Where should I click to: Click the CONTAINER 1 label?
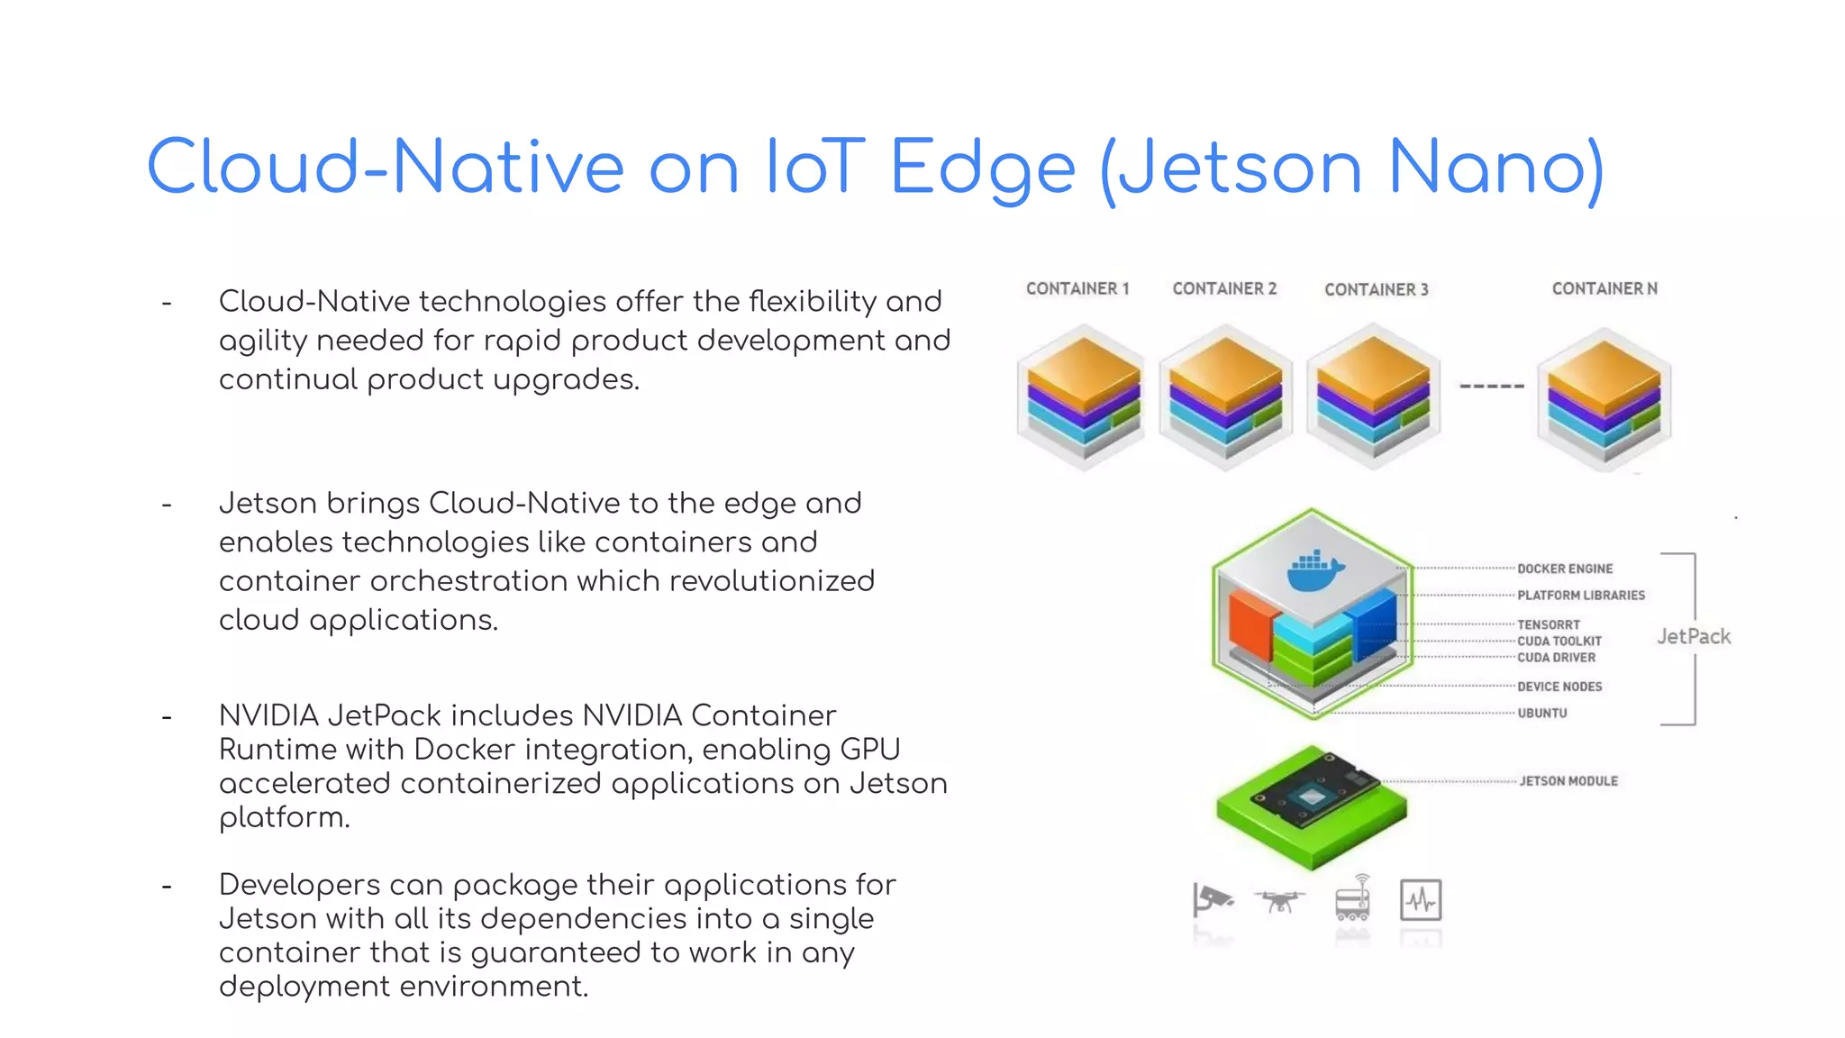point(1077,289)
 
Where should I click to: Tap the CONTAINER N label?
point(1604,289)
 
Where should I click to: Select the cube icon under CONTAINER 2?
point(1225,397)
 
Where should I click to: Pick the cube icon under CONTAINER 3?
point(1373,397)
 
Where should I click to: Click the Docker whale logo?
point(1315,570)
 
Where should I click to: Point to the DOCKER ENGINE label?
point(1565,569)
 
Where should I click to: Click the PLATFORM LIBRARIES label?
point(1581,596)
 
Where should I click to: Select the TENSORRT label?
point(1549,624)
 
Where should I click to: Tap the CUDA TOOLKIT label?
point(1559,642)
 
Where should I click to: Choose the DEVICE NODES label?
point(1559,687)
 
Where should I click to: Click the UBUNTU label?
point(1542,713)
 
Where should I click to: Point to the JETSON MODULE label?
point(1568,781)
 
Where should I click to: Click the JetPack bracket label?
point(1694,637)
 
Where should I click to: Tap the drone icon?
point(1279,900)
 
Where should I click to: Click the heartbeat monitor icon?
point(1421,900)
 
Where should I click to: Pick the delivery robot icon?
point(1352,898)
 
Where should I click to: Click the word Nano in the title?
point(1495,168)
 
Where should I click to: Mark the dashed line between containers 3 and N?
point(1492,387)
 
